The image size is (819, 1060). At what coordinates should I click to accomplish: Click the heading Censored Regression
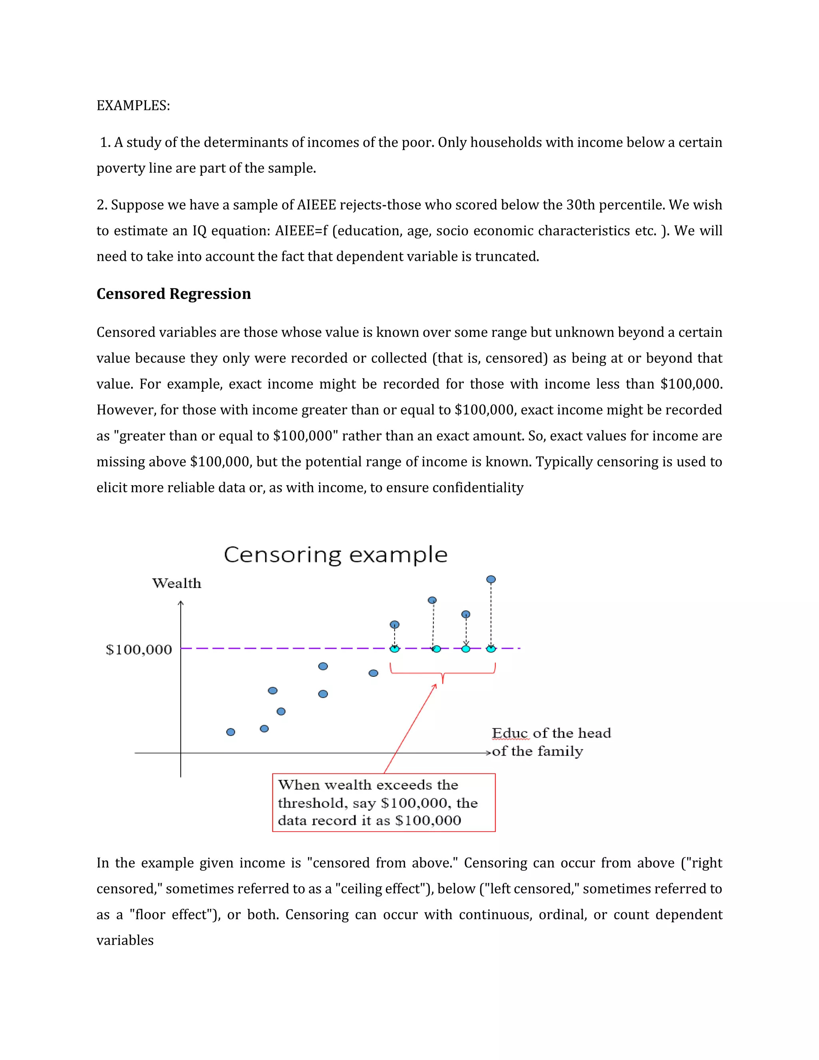point(173,294)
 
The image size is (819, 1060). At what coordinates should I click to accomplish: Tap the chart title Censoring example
point(335,554)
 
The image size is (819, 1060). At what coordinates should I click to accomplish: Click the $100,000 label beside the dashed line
point(139,649)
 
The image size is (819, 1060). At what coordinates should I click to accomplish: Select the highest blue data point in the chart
point(491,580)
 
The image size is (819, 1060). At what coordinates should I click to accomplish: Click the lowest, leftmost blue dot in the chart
point(231,732)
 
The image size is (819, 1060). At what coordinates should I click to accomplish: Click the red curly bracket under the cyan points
point(443,674)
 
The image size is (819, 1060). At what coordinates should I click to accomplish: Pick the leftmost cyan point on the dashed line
point(394,649)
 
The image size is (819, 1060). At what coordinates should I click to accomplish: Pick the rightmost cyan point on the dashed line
point(491,649)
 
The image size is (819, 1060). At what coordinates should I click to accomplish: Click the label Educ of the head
point(551,733)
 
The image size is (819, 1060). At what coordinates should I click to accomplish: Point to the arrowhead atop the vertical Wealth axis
point(180,603)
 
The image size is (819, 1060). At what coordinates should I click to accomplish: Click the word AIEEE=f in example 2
point(301,230)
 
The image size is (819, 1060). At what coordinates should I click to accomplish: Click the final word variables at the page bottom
point(125,940)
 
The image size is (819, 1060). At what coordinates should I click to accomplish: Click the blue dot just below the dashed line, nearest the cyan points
point(373,673)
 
